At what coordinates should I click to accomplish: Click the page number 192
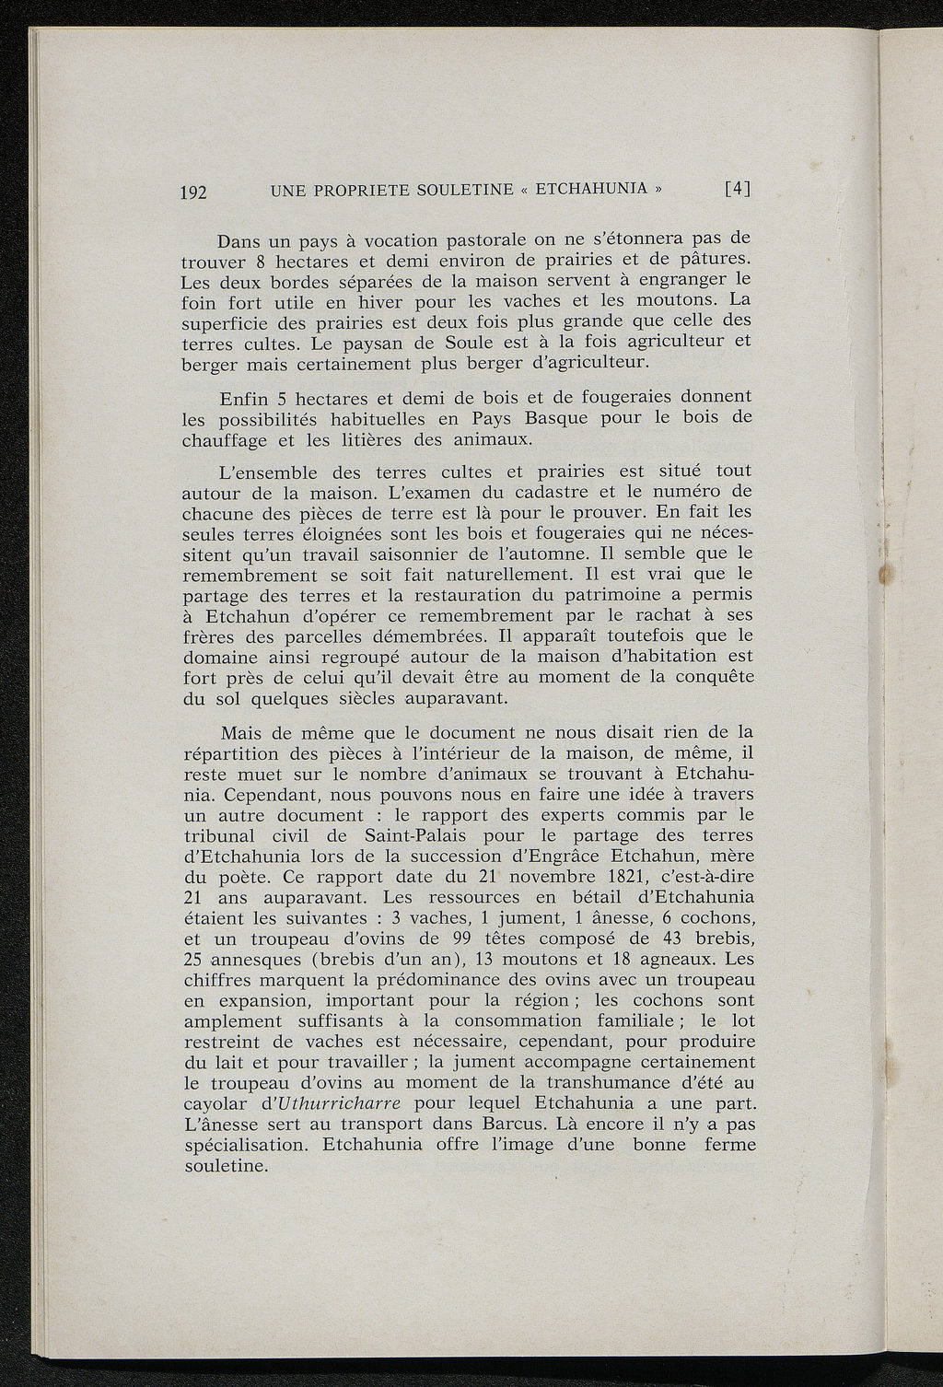[x=194, y=192]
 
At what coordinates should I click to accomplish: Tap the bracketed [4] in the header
[x=738, y=190]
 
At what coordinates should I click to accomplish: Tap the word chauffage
[x=226, y=439]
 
